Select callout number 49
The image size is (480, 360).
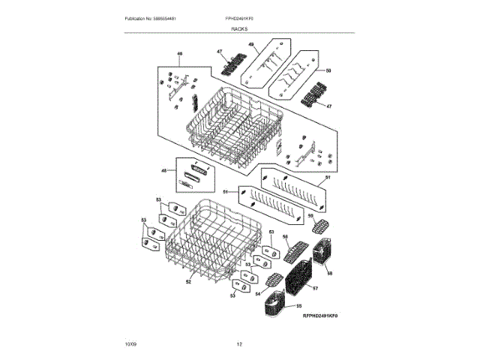251,46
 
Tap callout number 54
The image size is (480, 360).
257,294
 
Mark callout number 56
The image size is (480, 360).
285,238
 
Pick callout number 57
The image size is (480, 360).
316,288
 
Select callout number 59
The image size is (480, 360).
310,216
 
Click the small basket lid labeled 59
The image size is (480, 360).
320,226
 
